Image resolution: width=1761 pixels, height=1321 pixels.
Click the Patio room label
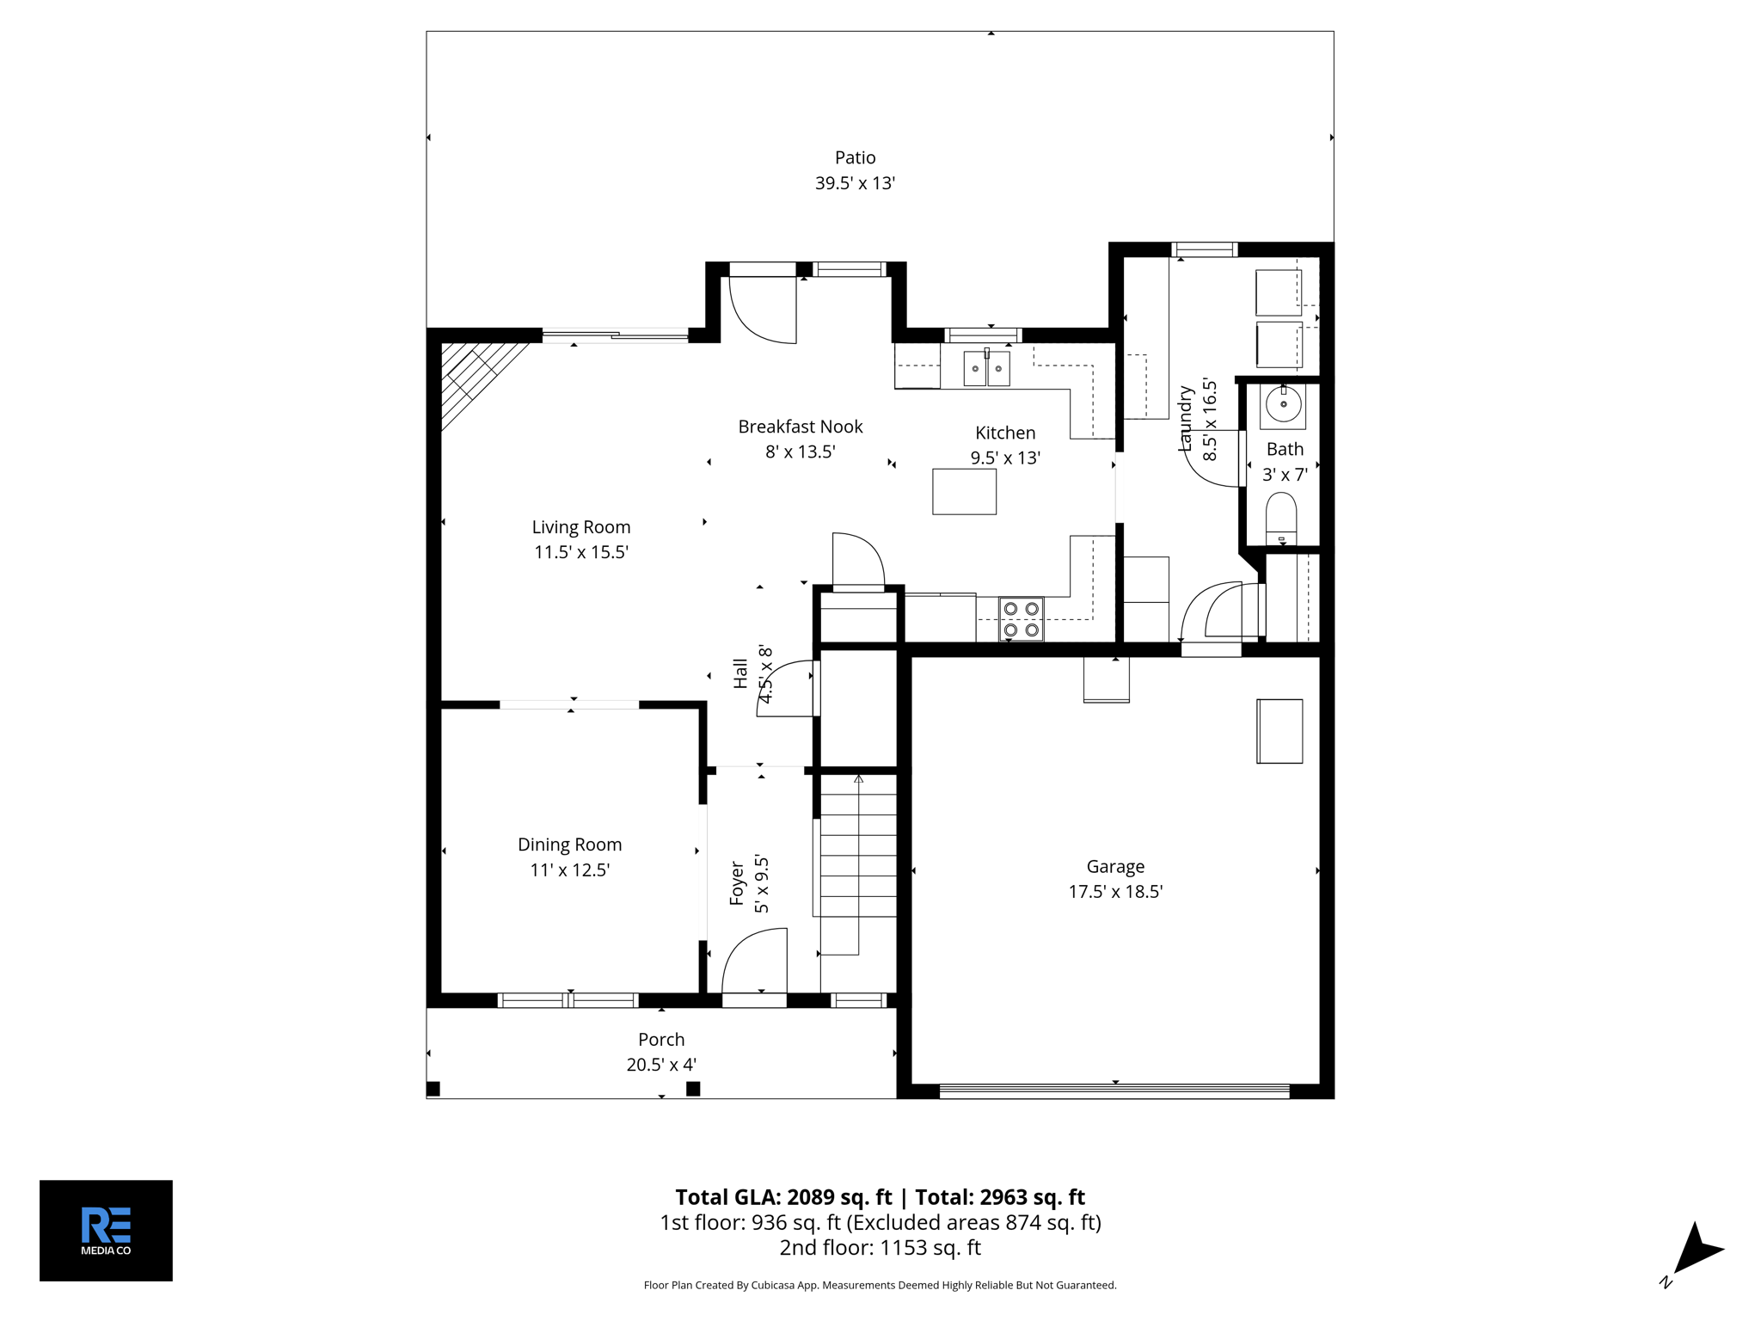pos(855,157)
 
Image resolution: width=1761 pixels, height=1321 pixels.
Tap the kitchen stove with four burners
pos(1021,619)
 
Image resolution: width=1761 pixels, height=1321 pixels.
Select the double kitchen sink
pos(986,369)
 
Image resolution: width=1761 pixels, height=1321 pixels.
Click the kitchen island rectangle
pos(964,491)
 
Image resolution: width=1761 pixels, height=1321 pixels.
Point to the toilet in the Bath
pos(1281,519)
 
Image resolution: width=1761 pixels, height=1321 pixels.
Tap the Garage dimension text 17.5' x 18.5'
pos(1115,892)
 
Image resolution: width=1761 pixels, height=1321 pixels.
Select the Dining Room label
pos(569,845)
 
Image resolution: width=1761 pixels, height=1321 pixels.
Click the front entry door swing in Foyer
pos(755,963)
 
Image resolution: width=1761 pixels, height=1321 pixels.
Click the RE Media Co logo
pos(106,1230)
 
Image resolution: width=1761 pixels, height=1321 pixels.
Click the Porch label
pos(661,1039)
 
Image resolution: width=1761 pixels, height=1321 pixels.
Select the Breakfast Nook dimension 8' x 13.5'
pos(800,452)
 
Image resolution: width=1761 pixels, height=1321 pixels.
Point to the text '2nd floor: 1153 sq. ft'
pos(880,1247)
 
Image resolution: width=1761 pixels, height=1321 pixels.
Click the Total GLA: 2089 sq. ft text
pos(782,1197)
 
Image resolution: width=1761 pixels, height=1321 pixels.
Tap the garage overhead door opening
pos(1114,1091)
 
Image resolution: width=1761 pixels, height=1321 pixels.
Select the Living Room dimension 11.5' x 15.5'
pos(581,552)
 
